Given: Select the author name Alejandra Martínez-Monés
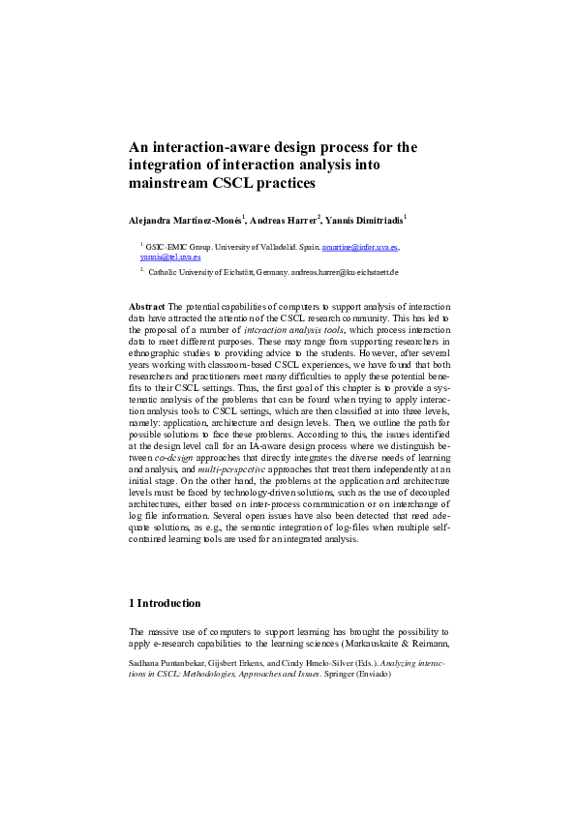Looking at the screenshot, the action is tap(187, 220).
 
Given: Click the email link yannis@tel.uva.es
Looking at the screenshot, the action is tap(169, 257).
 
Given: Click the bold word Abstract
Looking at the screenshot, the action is tap(147, 307).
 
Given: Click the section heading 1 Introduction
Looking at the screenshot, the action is tap(165, 603).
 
